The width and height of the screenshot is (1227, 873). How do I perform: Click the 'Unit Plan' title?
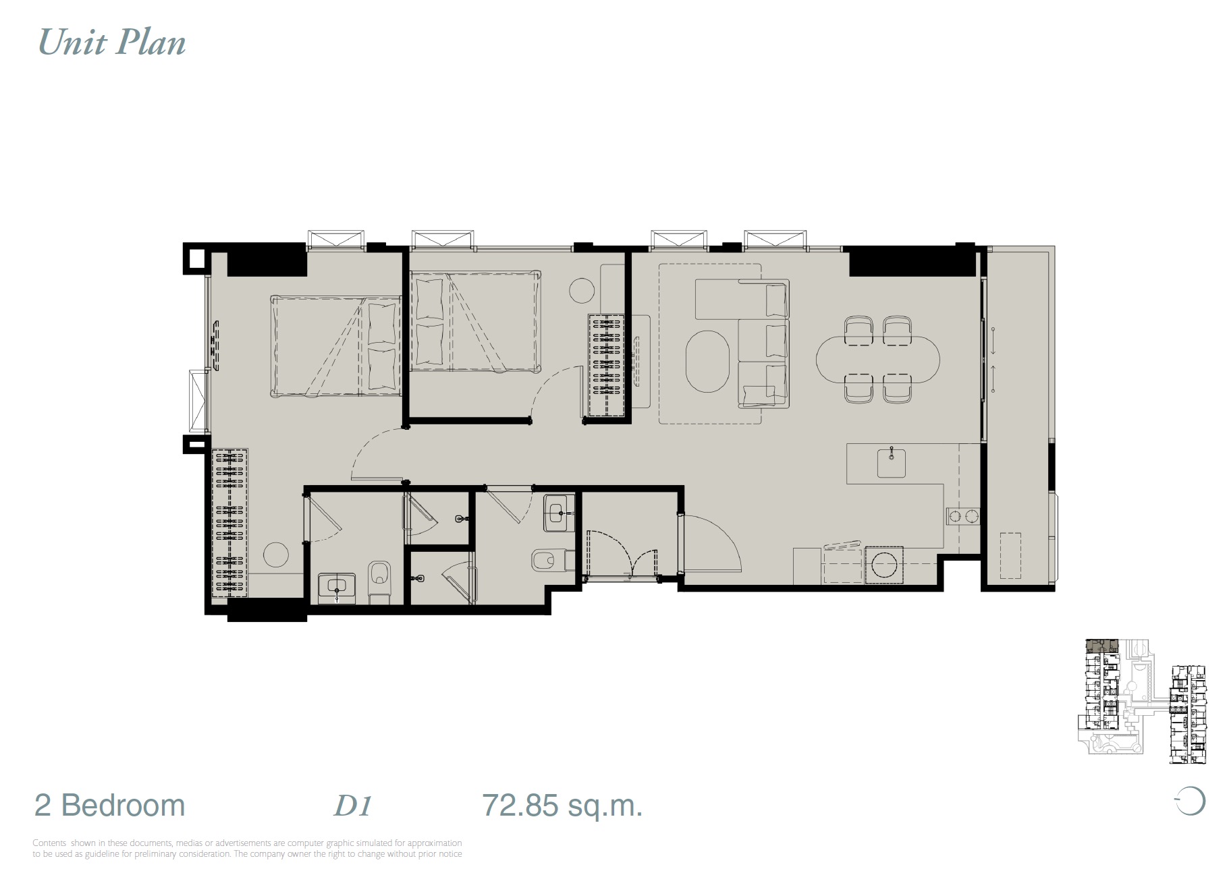112,43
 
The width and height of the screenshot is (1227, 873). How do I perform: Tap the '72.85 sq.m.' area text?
562,806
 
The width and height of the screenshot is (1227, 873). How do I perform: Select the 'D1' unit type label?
353,806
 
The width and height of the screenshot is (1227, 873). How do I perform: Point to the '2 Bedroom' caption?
109,806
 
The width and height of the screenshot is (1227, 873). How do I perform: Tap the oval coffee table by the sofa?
708,360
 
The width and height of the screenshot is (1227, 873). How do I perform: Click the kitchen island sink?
892,463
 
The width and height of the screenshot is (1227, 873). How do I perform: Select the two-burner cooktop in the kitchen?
962,517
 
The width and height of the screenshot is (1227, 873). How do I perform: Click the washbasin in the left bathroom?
337,586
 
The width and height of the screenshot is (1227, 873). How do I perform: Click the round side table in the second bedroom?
582,291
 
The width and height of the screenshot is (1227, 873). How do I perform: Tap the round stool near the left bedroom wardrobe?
275,555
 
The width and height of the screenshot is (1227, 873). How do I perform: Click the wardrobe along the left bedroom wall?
229,523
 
